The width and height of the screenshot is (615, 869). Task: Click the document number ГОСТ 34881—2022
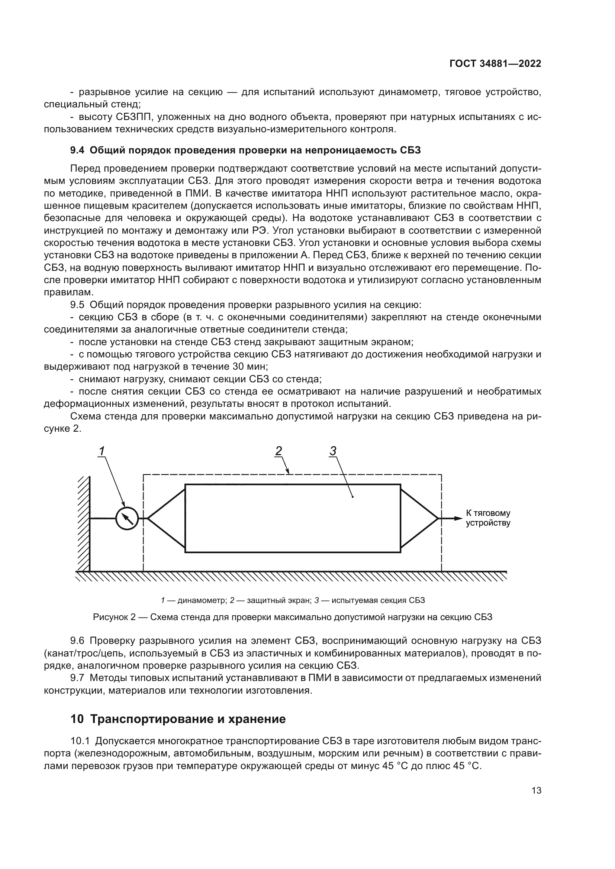coord(495,64)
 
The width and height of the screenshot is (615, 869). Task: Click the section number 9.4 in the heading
coord(77,150)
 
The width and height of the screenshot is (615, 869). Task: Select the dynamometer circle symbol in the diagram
coord(127,519)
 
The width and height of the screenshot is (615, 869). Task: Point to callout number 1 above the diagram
coord(102,451)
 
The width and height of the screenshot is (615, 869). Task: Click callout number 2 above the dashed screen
coord(278,451)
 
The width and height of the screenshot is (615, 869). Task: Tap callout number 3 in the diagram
coord(333,451)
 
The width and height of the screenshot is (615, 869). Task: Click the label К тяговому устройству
coord(488,518)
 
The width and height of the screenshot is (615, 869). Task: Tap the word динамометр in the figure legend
coord(202,600)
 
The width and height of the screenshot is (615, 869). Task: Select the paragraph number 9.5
coord(77,305)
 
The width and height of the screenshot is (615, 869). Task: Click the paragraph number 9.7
coord(77,678)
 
